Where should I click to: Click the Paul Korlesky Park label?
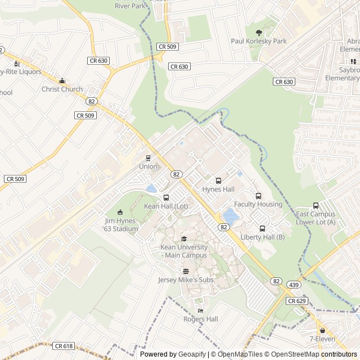pyautogui.click(x=259, y=41)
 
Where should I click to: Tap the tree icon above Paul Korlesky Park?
pyautogui.click(x=259, y=33)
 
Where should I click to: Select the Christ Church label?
pyautogui.click(x=62, y=89)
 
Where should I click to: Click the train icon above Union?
pyautogui.click(x=148, y=158)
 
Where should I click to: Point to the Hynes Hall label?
pyautogui.click(x=218, y=189)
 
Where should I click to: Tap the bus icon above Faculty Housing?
pyautogui.click(x=258, y=196)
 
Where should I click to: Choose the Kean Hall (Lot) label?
pyautogui.click(x=166, y=206)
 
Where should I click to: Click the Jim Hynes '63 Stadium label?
pyautogui.click(x=121, y=225)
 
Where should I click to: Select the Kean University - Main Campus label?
pyautogui.click(x=184, y=251)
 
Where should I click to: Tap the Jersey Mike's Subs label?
pyautogui.click(x=186, y=280)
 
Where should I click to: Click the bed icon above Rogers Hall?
pyautogui.click(x=200, y=310)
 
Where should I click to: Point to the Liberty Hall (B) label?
pyautogui.click(x=262, y=237)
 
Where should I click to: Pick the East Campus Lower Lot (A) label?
pyautogui.click(x=316, y=218)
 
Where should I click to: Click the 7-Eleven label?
pyautogui.click(x=322, y=339)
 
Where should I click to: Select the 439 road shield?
pyautogui.click(x=294, y=285)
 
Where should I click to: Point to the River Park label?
pyautogui.click(x=130, y=6)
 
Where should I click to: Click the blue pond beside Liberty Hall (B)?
pyautogui.click(x=231, y=215)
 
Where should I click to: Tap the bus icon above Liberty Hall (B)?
pyautogui.click(x=262, y=228)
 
